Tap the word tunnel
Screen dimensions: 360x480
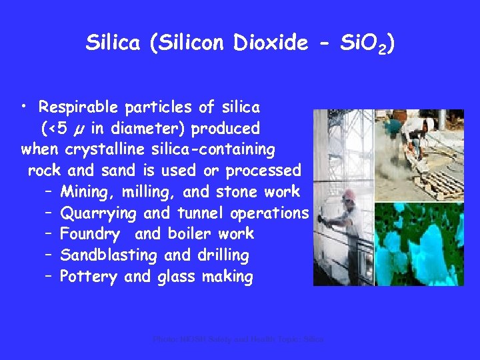point(201,213)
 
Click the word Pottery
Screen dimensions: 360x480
point(88,277)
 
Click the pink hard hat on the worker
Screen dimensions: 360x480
point(349,195)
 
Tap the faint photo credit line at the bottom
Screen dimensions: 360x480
point(238,339)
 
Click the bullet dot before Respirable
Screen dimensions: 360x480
point(25,107)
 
